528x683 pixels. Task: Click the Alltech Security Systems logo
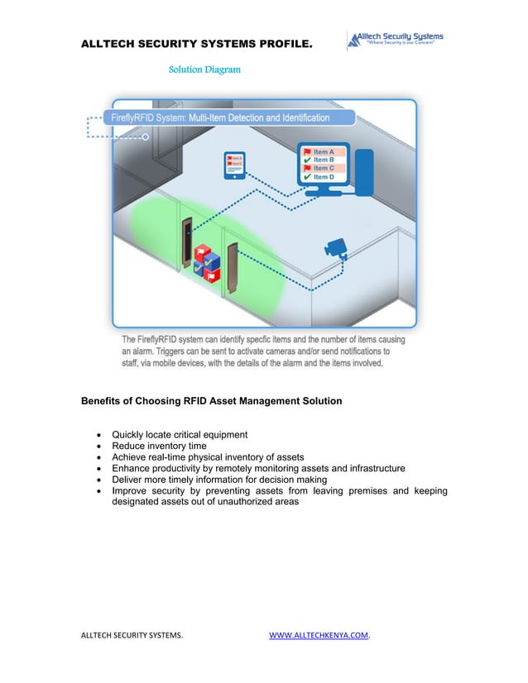(x=395, y=40)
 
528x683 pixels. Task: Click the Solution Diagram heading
(x=204, y=69)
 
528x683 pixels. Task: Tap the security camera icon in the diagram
(x=335, y=246)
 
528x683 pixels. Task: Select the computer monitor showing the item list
(x=324, y=165)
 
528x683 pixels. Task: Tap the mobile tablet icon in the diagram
(x=235, y=165)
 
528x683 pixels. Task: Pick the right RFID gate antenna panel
(x=233, y=267)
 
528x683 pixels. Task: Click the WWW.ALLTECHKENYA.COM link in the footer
(x=319, y=635)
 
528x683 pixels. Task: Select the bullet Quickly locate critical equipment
(x=180, y=435)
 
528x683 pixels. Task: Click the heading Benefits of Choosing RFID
(x=211, y=401)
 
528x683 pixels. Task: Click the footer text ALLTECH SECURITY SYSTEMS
(x=132, y=635)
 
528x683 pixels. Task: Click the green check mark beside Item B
(x=307, y=160)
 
